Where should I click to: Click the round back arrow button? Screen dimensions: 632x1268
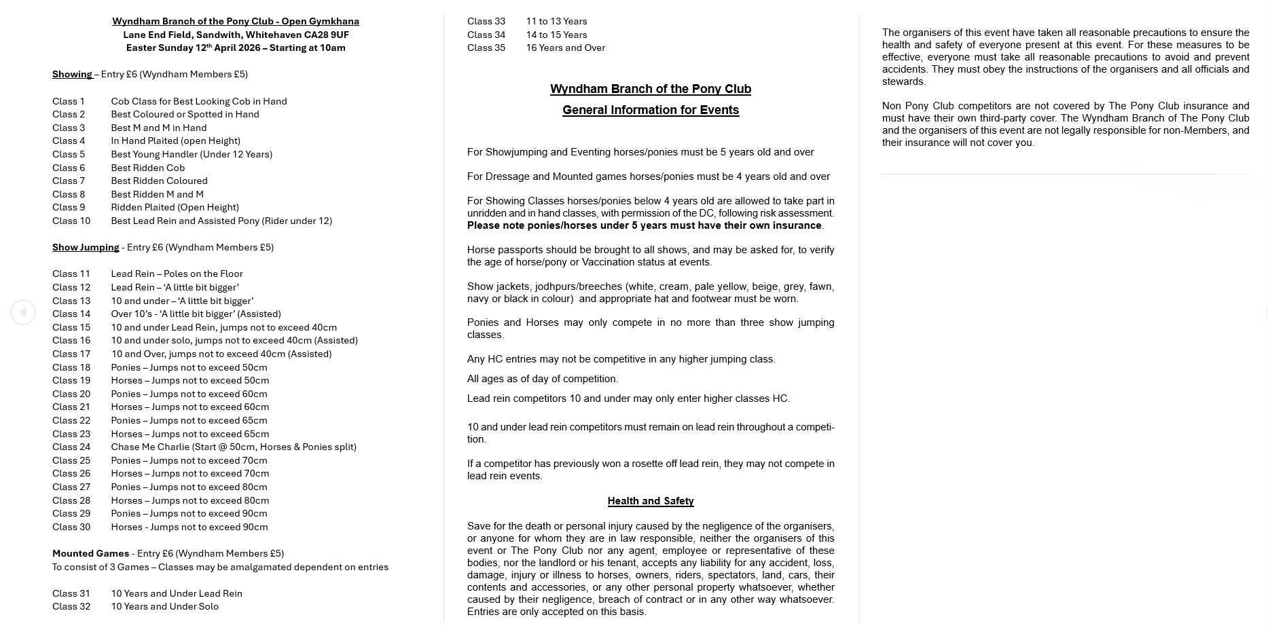coord(23,312)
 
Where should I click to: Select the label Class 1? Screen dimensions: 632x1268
coord(69,101)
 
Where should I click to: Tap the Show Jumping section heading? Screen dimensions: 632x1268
coord(86,247)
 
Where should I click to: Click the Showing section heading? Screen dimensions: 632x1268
coord(72,74)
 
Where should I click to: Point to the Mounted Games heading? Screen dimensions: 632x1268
coord(90,553)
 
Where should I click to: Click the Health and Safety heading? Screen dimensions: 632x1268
coord(650,501)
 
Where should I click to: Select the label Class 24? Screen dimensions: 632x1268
coord(71,447)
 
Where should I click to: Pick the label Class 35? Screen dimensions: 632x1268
coord(486,48)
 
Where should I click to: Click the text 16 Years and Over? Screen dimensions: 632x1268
coord(565,48)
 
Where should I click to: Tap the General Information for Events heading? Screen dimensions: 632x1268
coord(650,110)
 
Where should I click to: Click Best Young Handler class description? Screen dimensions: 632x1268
coord(192,154)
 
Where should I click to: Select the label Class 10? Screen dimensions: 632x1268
coord(71,221)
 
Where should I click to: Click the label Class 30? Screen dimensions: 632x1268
coord(71,527)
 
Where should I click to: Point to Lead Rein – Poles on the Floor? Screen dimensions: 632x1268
coord(177,274)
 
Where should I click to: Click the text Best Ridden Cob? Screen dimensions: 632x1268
coord(147,168)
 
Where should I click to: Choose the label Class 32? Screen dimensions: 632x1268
coord(71,606)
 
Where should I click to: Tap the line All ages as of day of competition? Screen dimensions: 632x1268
coord(542,379)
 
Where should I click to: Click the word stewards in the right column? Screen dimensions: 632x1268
coord(903,81)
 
